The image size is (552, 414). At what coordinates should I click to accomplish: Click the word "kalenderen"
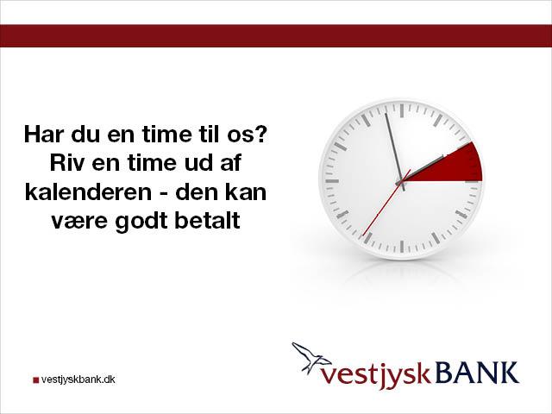tap(88, 191)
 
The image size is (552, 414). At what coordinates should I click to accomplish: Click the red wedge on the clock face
tap(455, 166)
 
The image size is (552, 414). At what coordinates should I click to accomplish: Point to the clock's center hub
tap(400, 182)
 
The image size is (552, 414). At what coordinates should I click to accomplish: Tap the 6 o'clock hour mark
tap(402, 246)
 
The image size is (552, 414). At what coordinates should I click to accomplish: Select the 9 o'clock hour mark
tap(332, 181)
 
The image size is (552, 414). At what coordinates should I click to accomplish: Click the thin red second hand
tap(386, 203)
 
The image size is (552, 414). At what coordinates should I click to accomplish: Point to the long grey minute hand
tap(395, 152)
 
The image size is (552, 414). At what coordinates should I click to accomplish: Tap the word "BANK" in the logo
tap(477, 373)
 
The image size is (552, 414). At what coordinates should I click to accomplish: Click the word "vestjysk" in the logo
tap(376, 376)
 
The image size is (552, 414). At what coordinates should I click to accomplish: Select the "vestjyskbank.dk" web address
tap(78, 379)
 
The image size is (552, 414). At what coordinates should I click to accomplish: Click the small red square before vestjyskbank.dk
tap(35, 380)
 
